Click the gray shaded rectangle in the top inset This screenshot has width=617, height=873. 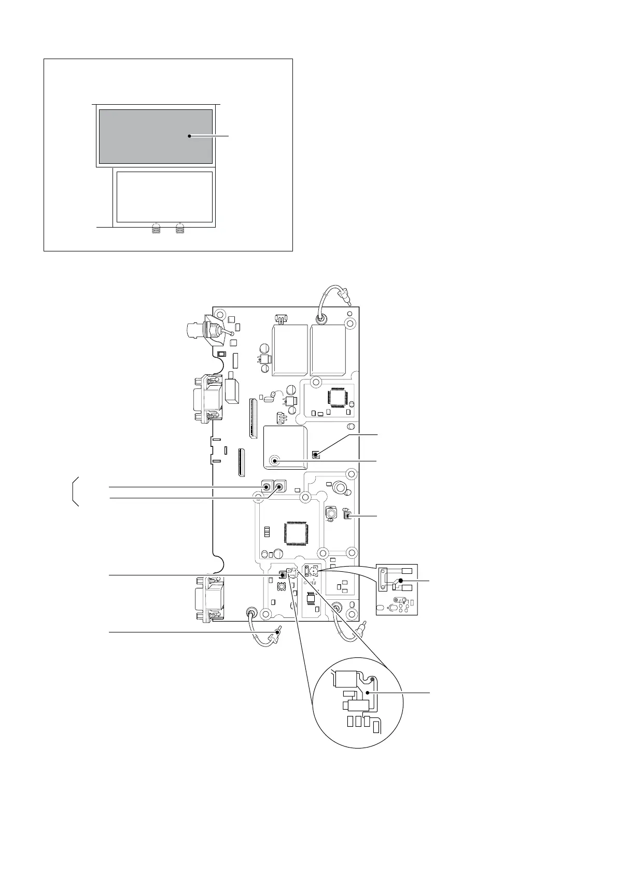(156, 136)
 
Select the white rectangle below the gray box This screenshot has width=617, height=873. (164, 196)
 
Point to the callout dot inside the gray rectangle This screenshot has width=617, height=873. (190, 136)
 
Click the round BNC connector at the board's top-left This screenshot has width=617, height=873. (198, 329)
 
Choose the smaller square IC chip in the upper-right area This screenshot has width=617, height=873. (335, 397)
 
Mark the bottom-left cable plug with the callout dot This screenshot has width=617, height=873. (278, 632)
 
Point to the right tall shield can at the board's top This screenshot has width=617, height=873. (328, 350)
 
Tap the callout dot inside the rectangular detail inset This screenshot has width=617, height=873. (400, 581)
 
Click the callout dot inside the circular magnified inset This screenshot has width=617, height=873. (367, 692)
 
